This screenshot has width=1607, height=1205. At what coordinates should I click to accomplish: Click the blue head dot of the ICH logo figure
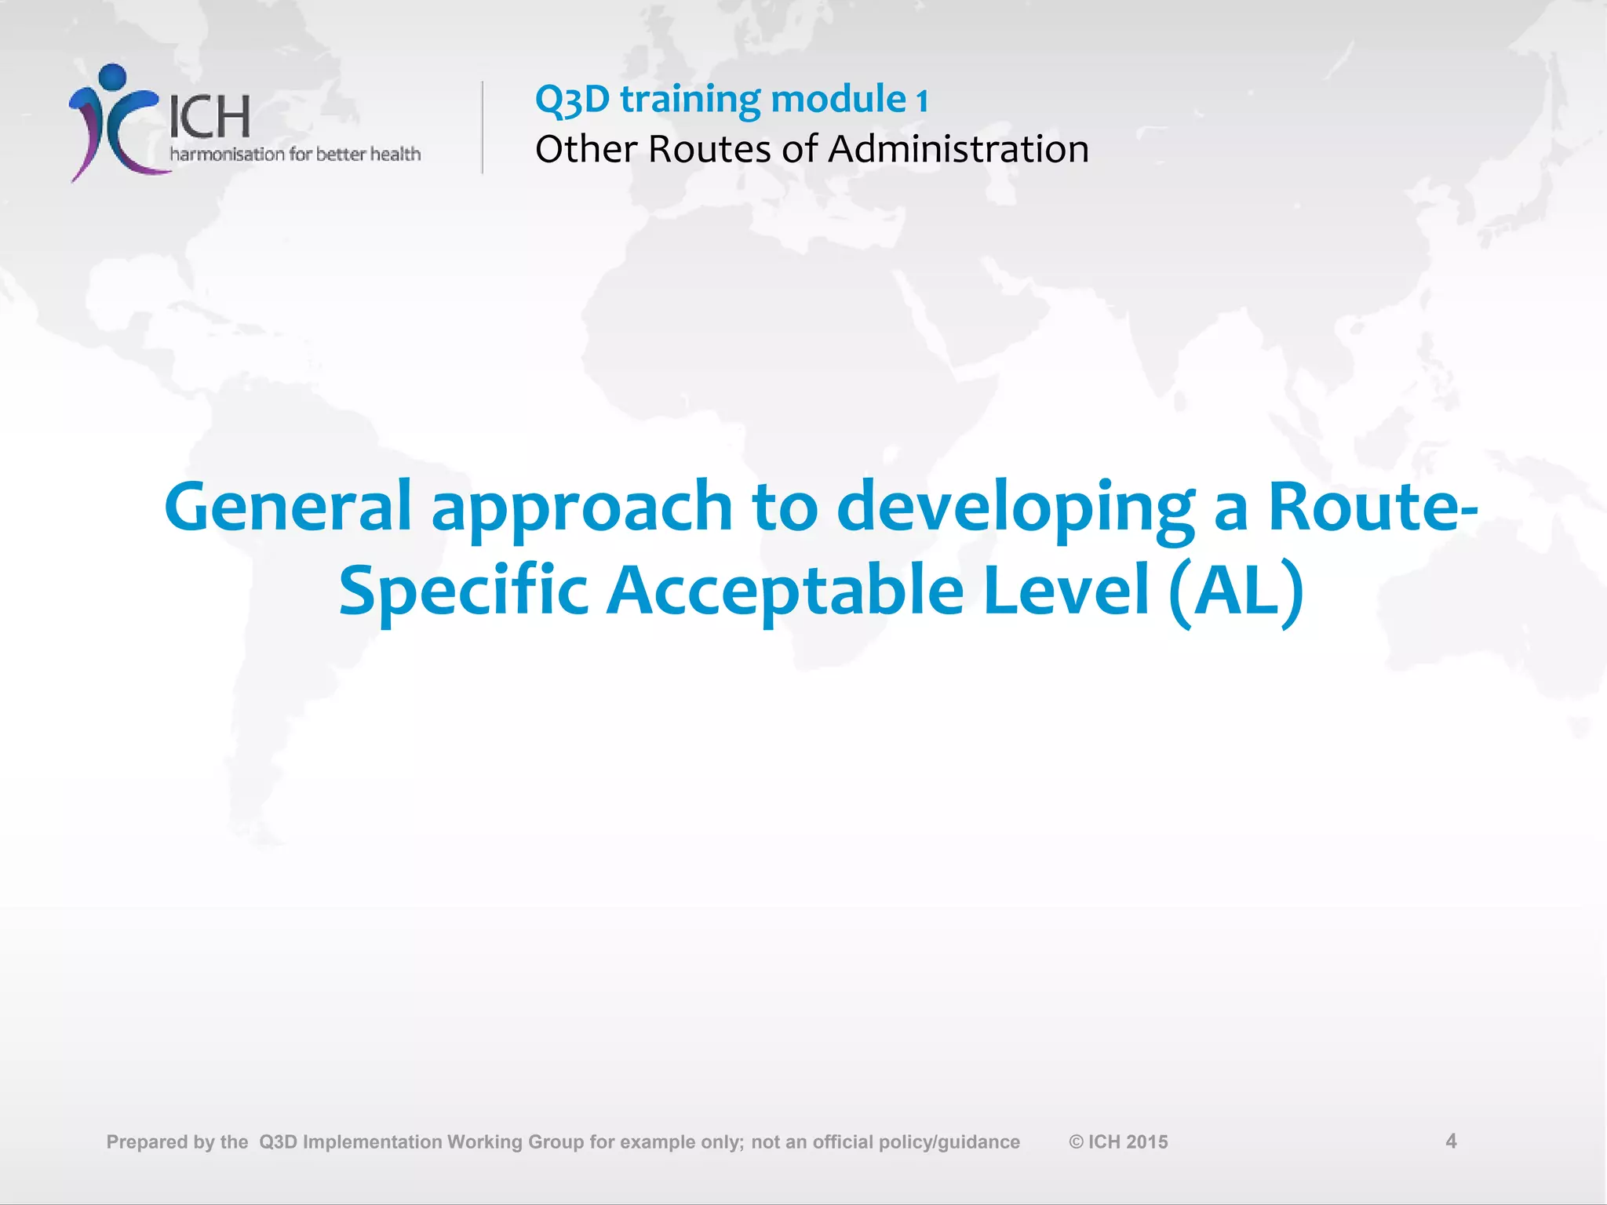tap(114, 77)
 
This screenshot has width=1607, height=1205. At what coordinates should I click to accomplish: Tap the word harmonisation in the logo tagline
tap(228, 154)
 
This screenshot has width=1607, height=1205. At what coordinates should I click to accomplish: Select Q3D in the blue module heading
tap(572, 100)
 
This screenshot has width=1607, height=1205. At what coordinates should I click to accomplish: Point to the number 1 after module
tap(923, 100)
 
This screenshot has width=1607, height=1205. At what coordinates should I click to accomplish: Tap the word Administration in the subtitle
tap(958, 149)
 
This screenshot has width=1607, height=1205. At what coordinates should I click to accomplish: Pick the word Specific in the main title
tap(463, 592)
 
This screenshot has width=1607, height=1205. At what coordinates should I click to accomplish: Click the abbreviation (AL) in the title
tap(1236, 592)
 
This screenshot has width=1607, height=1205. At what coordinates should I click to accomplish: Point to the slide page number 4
tap(1451, 1141)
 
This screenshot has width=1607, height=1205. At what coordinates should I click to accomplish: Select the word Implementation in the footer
tap(373, 1142)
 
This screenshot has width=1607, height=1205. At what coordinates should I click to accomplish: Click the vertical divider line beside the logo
tap(483, 127)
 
